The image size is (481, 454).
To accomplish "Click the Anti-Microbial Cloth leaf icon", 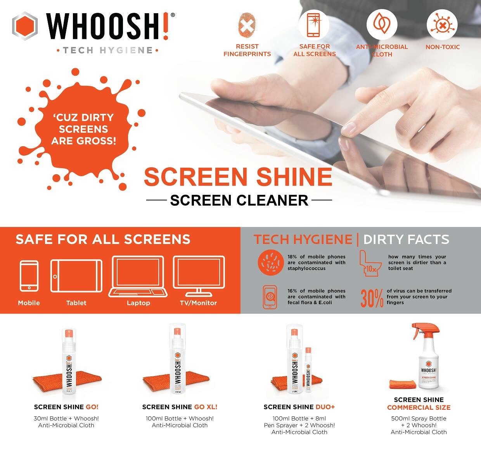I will coord(382,25).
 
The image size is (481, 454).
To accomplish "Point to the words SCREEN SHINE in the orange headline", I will coord(238,177).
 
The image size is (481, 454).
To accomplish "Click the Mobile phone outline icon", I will coord(29,276).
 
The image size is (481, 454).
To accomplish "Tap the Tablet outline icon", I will coord(76,276).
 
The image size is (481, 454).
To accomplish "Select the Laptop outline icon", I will coord(138,276).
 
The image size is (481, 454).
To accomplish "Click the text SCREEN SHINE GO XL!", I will coord(180,407).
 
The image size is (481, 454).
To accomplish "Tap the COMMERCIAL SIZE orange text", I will coord(419,407).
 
